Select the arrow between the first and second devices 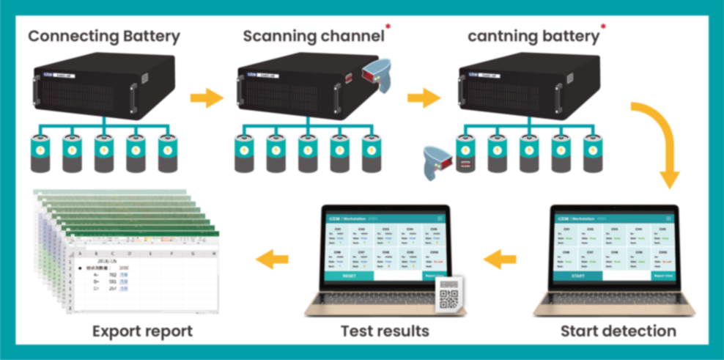206,98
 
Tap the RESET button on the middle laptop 348,276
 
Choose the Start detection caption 618,331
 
